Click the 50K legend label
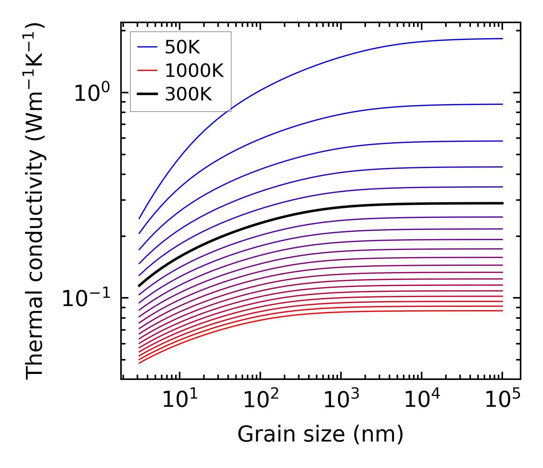click(x=182, y=47)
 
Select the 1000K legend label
click(x=194, y=71)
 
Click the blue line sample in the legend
click(x=148, y=47)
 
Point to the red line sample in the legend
click(x=148, y=71)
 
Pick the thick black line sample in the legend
click(x=148, y=94)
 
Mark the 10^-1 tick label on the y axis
click(x=86, y=298)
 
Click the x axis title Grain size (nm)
click(x=320, y=434)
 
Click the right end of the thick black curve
click(x=502, y=203)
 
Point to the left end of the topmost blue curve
click(x=139, y=218)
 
